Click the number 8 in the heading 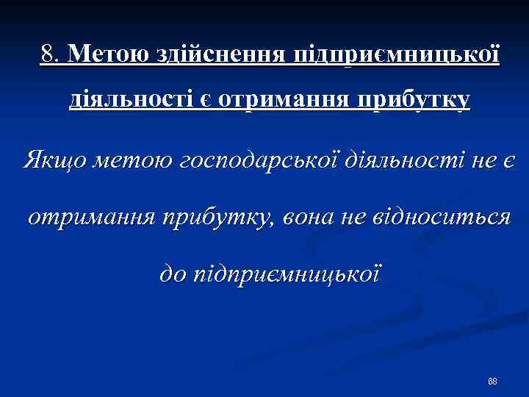click(47, 54)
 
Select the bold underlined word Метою click(107, 54)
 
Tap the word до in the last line click(173, 274)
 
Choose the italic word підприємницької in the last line click(287, 275)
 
